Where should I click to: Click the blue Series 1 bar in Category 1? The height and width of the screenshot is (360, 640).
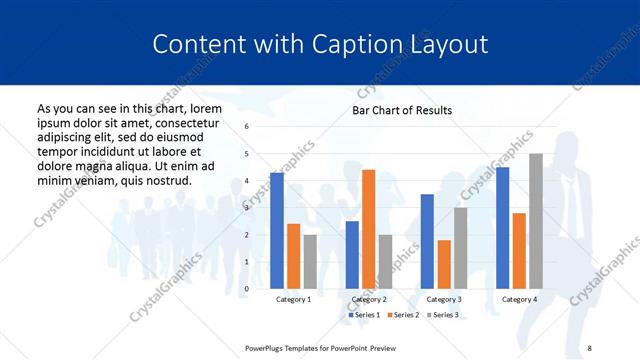click(x=277, y=231)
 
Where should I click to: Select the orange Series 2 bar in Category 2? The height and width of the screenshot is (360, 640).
click(x=368, y=229)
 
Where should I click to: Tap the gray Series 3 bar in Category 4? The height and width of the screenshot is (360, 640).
click(x=536, y=221)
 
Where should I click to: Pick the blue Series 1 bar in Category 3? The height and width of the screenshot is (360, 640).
click(x=427, y=241)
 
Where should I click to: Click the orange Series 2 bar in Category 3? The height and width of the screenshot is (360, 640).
click(x=444, y=264)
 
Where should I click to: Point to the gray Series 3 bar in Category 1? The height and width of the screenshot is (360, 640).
click(x=310, y=262)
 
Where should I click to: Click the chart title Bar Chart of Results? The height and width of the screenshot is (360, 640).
click(x=402, y=110)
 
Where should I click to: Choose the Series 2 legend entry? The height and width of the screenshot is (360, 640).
click(x=404, y=315)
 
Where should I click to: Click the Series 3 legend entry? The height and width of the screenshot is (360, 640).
click(x=443, y=315)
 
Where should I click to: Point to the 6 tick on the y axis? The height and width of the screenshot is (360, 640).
click(x=247, y=127)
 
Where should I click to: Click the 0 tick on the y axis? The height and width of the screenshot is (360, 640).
click(x=247, y=289)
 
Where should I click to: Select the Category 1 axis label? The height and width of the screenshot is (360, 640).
click(x=293, y=299)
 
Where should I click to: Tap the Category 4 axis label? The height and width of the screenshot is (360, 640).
click(x=518, y=299)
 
